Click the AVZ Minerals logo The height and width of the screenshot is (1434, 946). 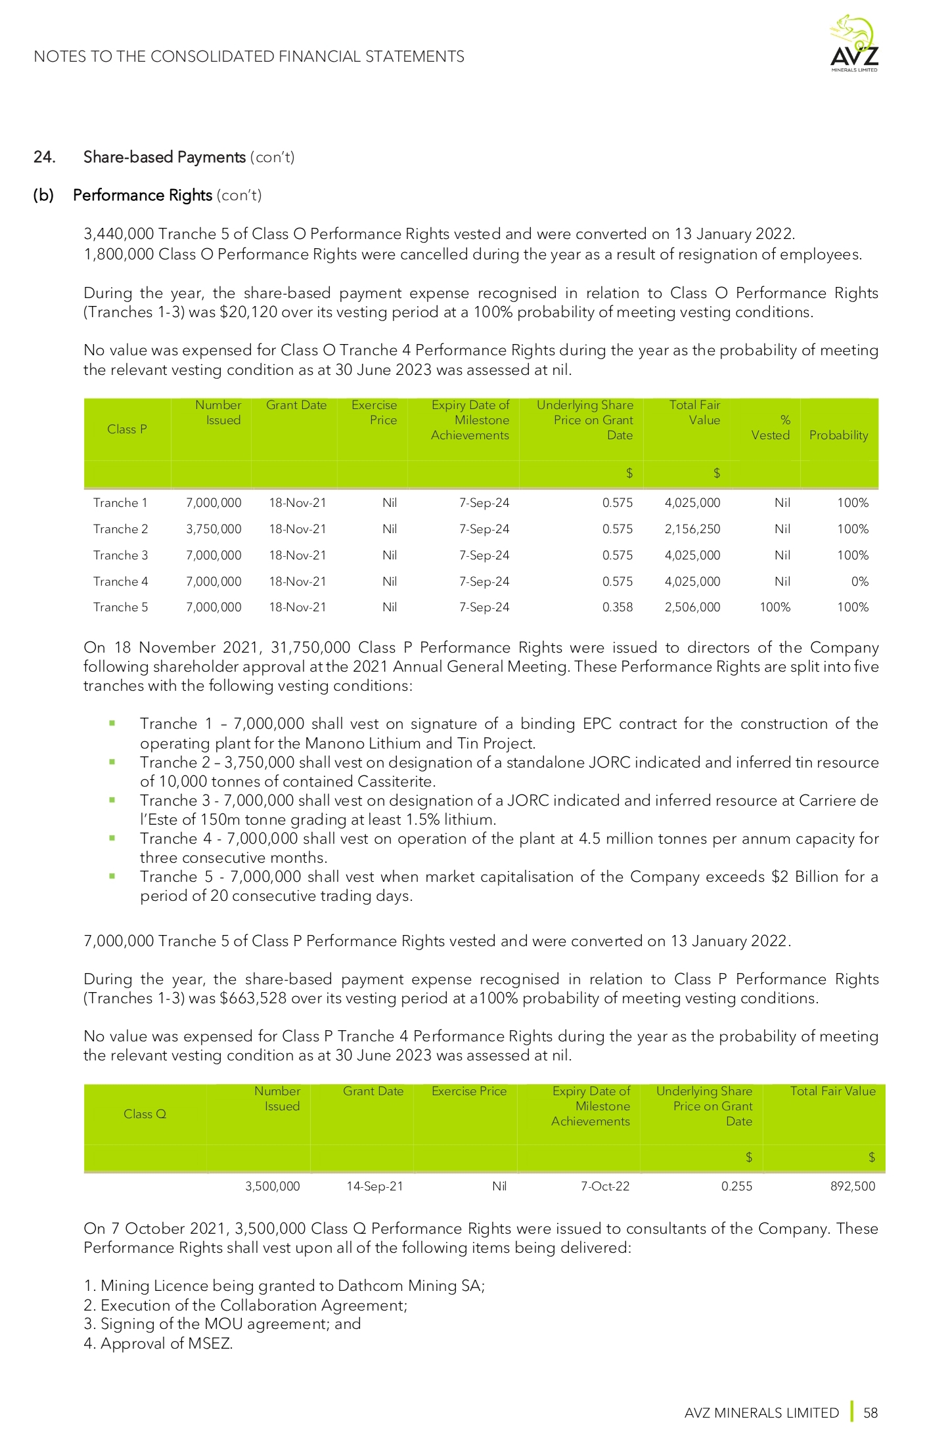[853, 45]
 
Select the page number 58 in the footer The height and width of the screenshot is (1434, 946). [870, 1412]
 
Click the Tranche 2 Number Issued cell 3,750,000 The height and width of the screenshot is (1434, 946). [214, 529]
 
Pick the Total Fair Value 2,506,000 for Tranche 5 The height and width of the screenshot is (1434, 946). [692, 607]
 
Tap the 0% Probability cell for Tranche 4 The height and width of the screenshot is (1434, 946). [859, 582]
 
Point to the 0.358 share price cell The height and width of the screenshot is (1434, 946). [618, 607]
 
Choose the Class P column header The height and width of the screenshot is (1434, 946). [127, 429]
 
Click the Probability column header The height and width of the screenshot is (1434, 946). [838, 435]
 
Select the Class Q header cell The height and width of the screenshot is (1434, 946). [145, 1114]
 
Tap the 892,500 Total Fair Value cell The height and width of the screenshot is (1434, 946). [853, 1186]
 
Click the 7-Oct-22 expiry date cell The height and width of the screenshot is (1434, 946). [605, 1186]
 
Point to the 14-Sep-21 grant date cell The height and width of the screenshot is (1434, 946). [374, 1186]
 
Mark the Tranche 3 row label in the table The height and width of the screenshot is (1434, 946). [120, 555]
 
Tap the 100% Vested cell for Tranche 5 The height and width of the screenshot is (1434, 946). [775, 607]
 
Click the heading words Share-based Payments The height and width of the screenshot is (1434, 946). [164, 157]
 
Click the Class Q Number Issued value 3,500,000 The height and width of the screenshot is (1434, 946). [272, 1186]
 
